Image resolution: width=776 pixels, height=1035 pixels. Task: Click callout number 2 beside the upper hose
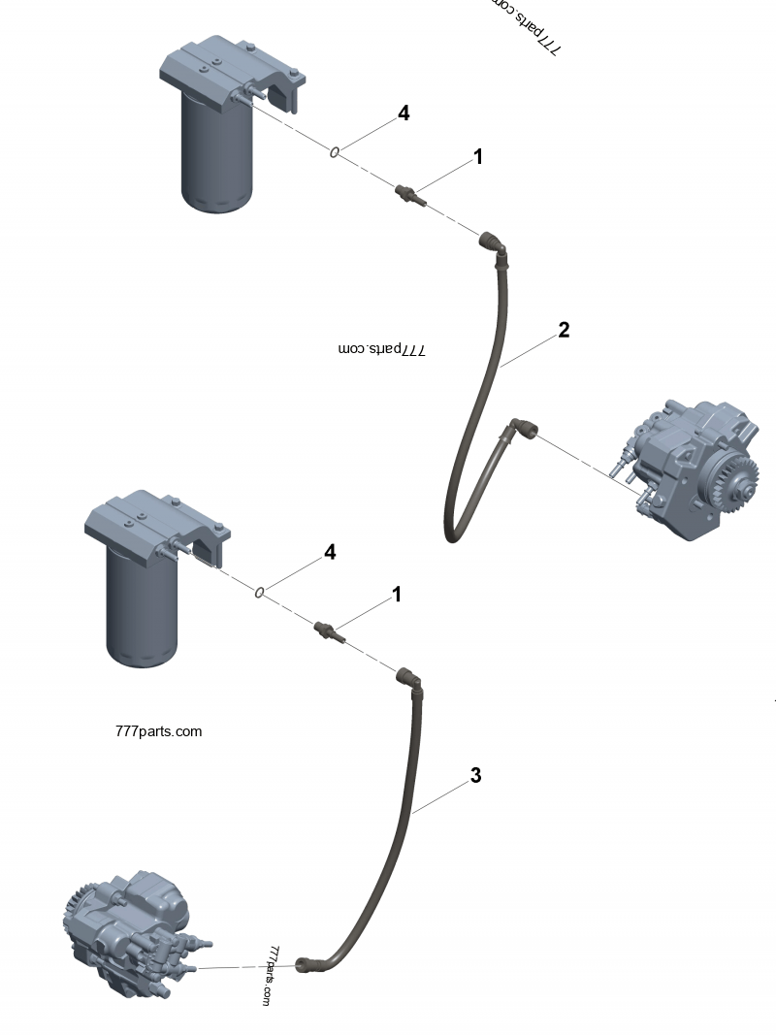[x=564, y=330]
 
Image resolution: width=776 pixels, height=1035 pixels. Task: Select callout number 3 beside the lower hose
[x=475, y=776]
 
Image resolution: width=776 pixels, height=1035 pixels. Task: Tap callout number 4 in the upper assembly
[x=404, y=113]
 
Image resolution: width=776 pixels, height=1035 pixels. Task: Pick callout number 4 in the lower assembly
[x=330, y=552]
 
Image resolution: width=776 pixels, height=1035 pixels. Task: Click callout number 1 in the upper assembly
[x=477, y=156]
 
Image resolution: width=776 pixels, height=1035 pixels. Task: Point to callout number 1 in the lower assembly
[x=396, y=594]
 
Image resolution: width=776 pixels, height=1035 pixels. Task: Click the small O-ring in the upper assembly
[x=334, y=151]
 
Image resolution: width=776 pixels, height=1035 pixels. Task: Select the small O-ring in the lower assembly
[x=260, y=591]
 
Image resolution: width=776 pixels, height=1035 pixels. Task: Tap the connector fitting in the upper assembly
[x=406, y=192]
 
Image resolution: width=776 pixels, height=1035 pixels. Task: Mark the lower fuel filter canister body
[x=142, y=611]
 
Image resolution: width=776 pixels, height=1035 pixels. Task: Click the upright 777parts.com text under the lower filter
[x=158, y=731]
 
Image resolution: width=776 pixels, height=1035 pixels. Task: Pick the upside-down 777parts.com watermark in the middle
[x=382, y=349]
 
